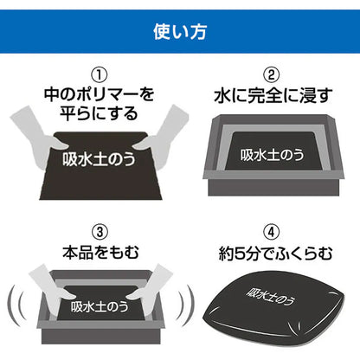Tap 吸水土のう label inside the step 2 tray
pyautogui.click(x=271, y=157)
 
